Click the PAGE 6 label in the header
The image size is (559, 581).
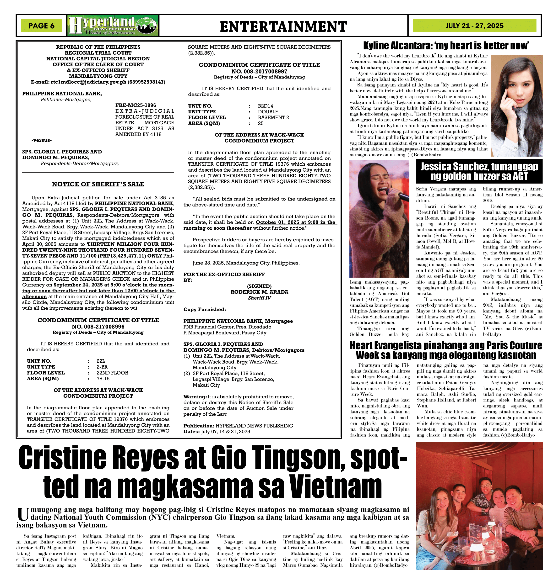(x=42, y=26)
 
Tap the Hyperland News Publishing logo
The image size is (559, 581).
(x=113, y=26)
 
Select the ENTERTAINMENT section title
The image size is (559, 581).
(x=283, y=26)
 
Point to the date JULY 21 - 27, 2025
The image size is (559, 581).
(x=474, y=26)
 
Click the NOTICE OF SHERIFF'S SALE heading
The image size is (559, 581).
(x=98, y=184)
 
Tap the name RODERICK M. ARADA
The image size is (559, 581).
(x=259, y=292)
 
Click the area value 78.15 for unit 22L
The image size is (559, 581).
(x=103, y=379)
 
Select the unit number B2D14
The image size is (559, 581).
(x=265, y=106)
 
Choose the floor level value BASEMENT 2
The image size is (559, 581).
(x=273, y=117)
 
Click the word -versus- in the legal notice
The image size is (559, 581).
(x=42, y=140)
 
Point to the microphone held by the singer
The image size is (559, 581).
(x=398, y=194)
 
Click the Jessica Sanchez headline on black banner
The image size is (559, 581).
(x=479, y=171)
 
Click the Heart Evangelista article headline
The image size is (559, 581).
(x=446, y=350)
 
